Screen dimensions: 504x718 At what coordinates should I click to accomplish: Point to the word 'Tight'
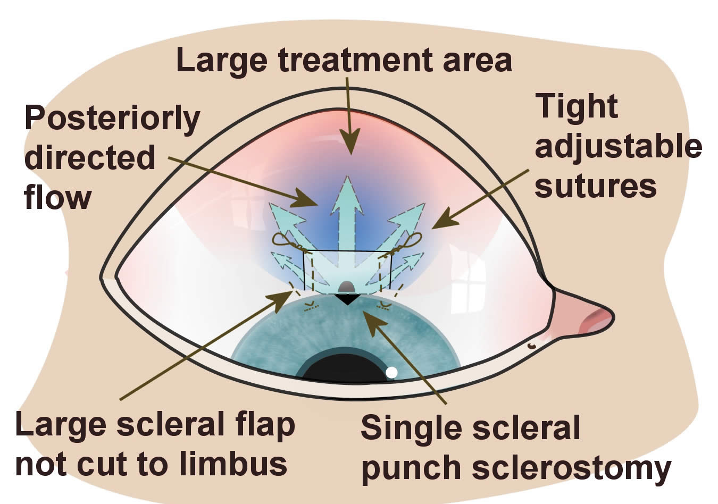pyautogui.click(x=577, y=106)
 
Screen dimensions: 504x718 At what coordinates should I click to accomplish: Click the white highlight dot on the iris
pyautogui.click(x=391, y=372)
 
